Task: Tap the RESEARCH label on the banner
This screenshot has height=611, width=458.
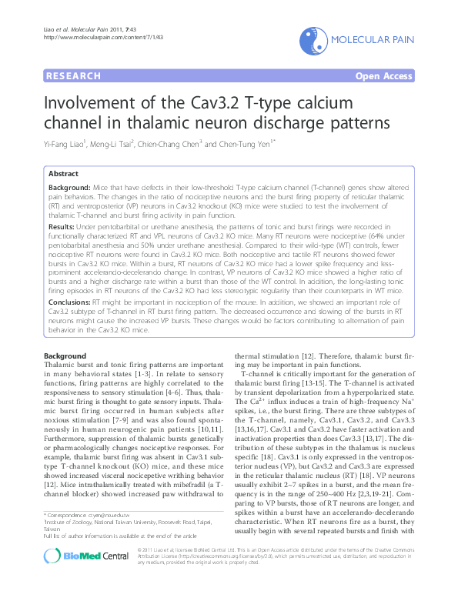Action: pyautogui.click(x=74, y=76)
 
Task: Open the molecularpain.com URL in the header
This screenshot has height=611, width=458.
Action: pyautogui.click(x=92, y=37)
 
